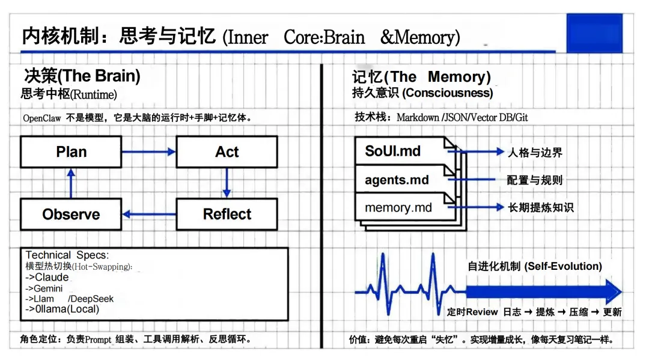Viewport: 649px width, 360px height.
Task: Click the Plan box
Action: coord(71,151)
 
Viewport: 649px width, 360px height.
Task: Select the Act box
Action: coord(227,151)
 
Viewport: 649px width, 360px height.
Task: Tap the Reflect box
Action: coord(227,214)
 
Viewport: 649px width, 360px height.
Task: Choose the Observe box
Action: coord(71,214)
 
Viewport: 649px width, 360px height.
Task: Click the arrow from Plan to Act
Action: coord(148,152)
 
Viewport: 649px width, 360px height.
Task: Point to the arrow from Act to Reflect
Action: coord(227,183)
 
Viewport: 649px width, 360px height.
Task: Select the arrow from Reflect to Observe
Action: coord(148,214)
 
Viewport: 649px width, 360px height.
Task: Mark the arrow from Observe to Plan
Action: coord(71,183)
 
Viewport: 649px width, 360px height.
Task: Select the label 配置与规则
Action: coord(535,180)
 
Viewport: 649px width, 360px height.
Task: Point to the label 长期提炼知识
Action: coord(541,207)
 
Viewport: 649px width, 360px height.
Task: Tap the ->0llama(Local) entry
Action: coord(62,310)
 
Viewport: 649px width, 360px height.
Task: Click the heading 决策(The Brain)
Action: coord(82,76)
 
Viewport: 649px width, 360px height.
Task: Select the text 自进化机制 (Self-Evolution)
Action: coord(535,266)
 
